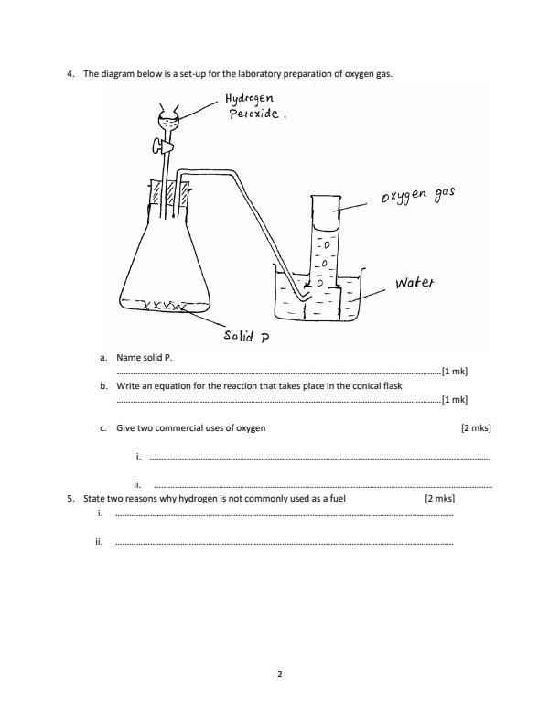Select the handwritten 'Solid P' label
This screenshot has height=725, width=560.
click(x=246, y=336)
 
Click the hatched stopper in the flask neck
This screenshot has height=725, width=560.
click(x=168, y=198)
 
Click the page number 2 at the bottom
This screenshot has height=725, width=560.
click(x=280, y=676)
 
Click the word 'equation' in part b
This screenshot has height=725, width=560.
click(x=168, y=386)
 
